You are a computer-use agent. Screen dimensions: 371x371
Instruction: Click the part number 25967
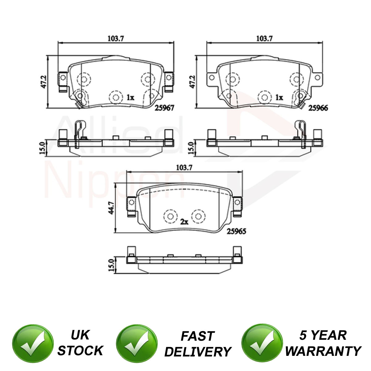pos(164,108)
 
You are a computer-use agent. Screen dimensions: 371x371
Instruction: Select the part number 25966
pos(318,108)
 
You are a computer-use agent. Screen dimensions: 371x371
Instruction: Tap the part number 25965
pos(237,231)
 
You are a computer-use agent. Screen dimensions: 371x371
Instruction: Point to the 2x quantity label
pos(184,222)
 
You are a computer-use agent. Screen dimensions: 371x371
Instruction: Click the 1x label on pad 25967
pos(130,98)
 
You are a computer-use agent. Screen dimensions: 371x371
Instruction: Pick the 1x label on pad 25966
pos(279,98)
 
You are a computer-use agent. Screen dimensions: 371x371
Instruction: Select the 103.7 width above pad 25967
pos(116,39)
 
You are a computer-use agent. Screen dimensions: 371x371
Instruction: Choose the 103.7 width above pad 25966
pos(265,39)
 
